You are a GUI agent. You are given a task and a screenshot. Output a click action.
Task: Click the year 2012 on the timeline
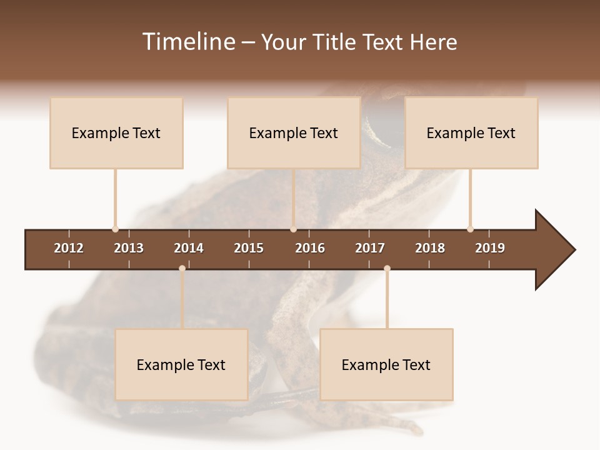(69, 248)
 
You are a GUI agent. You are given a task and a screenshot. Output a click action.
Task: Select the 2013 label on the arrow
(129, 248)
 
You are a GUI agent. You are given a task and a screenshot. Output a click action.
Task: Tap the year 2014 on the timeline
(189, 248)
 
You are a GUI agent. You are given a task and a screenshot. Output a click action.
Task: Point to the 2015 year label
(249, 248)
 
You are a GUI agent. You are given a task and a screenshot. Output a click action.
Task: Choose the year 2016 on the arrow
(310, 248)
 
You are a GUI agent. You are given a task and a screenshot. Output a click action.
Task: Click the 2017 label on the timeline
(370, 248)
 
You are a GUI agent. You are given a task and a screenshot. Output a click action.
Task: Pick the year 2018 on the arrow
(430, 248)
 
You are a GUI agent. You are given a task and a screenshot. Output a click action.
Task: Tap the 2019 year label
(490, 248)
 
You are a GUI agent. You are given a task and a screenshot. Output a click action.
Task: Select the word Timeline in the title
(188, 42)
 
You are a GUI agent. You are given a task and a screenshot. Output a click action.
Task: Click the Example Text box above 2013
(116, 132)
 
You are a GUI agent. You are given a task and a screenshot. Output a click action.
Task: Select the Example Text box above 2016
(294, 132)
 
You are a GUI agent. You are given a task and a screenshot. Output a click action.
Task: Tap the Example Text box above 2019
(471, 132)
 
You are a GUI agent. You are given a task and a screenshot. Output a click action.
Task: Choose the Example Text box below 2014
(181, 364)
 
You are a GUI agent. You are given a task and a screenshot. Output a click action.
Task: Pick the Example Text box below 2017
(386, 364)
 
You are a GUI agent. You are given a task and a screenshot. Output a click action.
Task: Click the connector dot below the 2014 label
(182, 268)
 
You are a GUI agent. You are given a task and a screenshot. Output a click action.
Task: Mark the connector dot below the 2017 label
(387, 268)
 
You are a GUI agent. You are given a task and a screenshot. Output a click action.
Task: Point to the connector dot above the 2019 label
(470, 229)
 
